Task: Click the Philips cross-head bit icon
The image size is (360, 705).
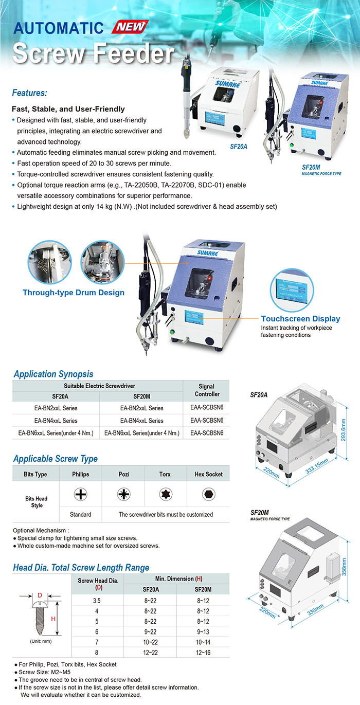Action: pyautogui.click(x=80, y=494)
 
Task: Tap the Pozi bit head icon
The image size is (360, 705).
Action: pyautogui.click(x=123, y=494)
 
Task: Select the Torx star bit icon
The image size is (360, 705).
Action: pyautogui.click(x=166, y=494)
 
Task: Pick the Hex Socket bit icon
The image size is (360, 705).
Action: pyautogui.click(x=208, y=494)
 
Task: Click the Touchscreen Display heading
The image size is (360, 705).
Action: pyautogui.click(x=300, y=319)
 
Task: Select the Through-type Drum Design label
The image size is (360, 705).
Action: pyautogui.click(x=73, y=293)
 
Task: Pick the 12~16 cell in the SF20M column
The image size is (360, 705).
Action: pyautogui.click(x=203, y=653)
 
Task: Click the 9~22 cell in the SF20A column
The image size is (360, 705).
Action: pyautogui.click(x=150, y=631)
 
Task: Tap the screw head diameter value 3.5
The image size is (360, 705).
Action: pyautogui.click(x=96, y=600)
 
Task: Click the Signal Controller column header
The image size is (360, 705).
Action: pyautogui.click(x=207, y=390)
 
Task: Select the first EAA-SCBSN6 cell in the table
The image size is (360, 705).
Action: pyautogui.click(x=207, y=408)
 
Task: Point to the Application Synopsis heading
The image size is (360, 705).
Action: pyautogui.click(x=53, y=374)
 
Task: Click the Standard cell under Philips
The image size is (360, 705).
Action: pyautogui.click(x=80, y=514)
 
